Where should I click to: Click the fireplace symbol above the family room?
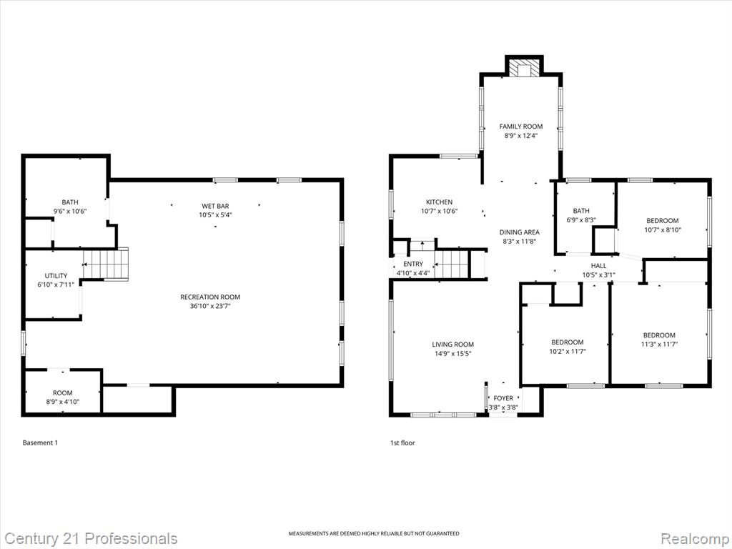523,68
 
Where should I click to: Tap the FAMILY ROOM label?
520,127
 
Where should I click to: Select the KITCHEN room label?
439,202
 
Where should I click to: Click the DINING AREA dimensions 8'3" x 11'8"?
519,242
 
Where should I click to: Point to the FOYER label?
503,398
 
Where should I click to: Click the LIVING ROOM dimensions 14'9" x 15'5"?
452,353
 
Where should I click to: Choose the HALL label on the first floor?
598,266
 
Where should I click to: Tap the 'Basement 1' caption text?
40,442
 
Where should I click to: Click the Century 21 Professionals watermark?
89,538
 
